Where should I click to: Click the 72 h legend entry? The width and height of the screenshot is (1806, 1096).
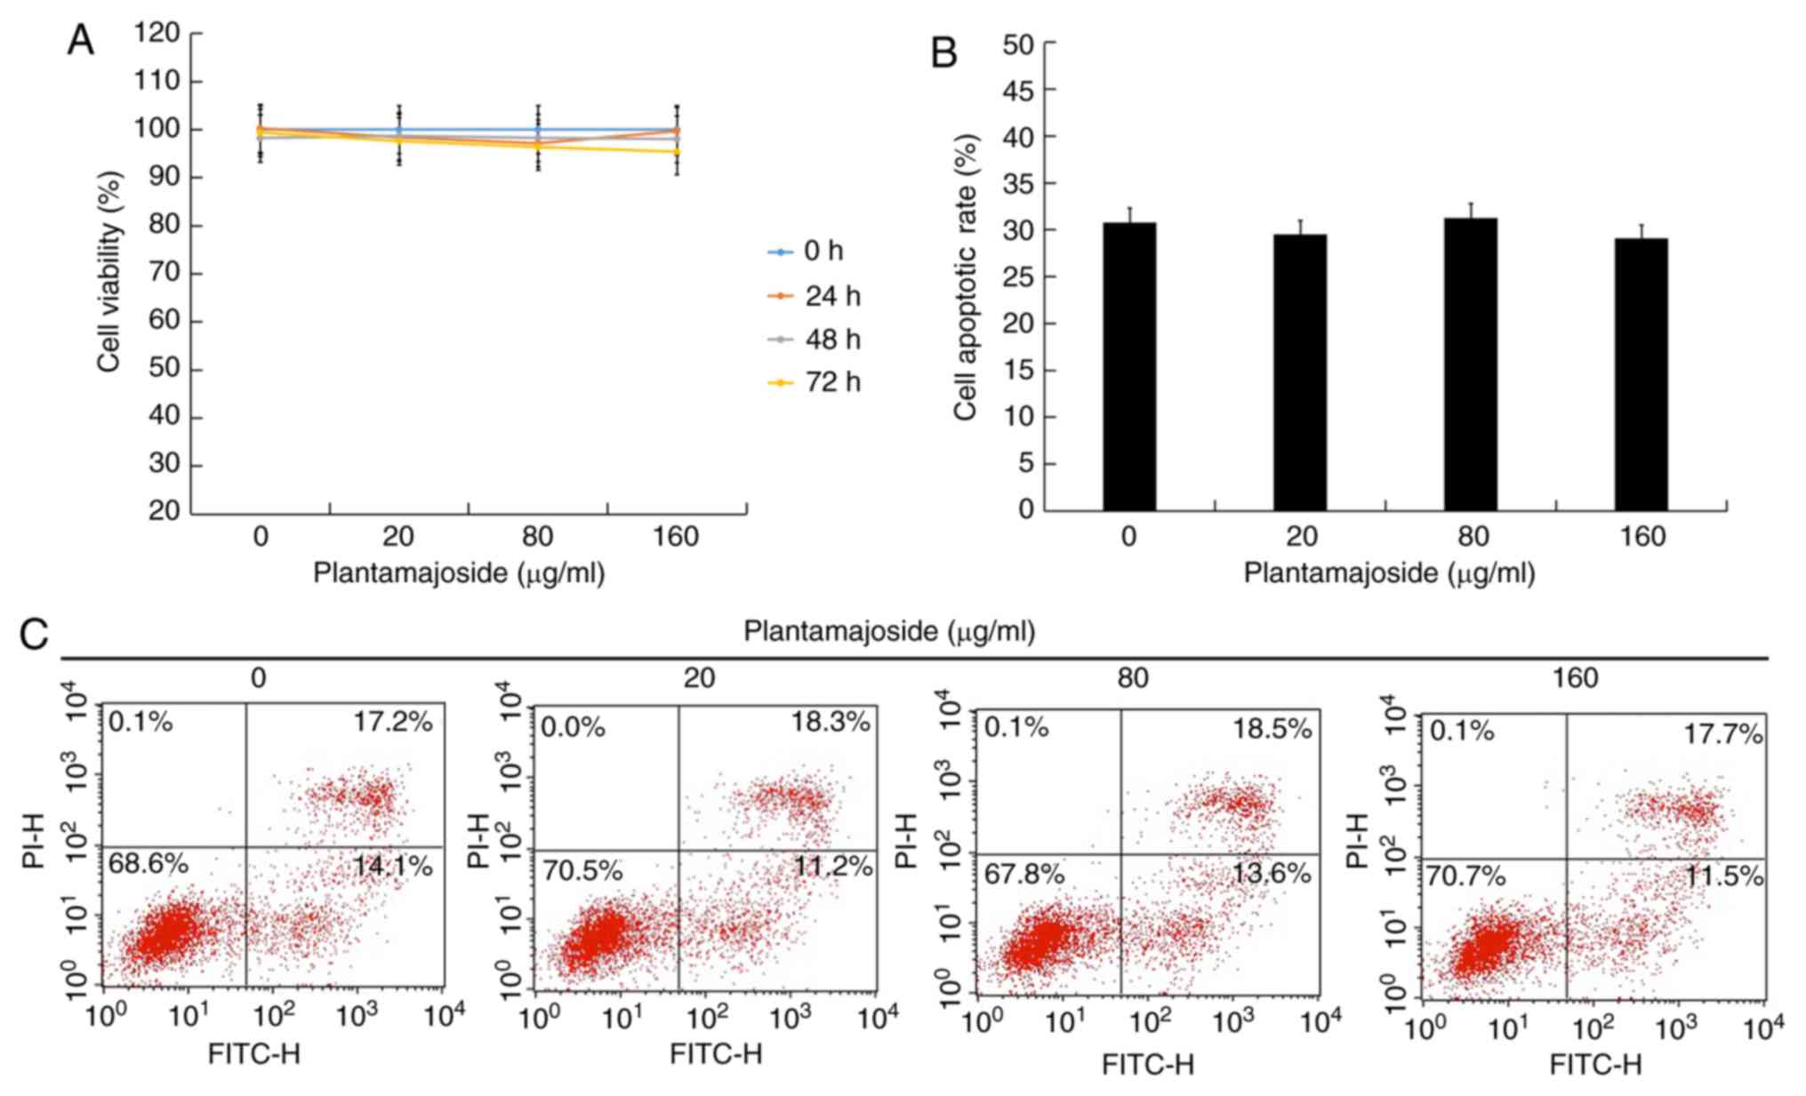[815, 382]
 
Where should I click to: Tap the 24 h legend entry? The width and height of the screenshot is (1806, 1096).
[815, 296]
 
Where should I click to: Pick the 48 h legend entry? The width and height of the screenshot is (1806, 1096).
[815, 340]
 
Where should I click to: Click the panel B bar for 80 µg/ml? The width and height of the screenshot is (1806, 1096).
[1470, 364]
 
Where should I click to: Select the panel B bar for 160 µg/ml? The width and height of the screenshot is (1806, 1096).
[1641, 374]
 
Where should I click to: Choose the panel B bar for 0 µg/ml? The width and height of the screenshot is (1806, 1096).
[1129, 366]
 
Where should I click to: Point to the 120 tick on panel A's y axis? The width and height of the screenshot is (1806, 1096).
[157, 34]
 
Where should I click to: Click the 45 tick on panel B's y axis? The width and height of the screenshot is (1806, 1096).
[1018, 90]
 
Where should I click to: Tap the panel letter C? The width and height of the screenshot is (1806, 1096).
[34, 635]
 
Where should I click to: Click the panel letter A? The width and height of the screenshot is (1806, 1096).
[80, 41]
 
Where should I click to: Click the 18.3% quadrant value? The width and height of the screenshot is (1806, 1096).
[831, 723]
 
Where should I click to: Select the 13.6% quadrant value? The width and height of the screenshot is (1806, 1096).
[1271, 874]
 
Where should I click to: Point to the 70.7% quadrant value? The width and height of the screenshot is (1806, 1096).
[1466, 877]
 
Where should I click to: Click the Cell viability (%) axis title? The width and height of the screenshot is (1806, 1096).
[109, 271]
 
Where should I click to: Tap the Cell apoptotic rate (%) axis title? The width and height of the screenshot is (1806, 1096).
[965, 276]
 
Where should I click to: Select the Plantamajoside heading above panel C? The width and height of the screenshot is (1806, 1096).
[889, 632]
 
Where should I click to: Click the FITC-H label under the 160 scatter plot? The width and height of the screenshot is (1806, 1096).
[1595, 1064]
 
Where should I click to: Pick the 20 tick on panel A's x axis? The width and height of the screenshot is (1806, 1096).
[398, 537]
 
